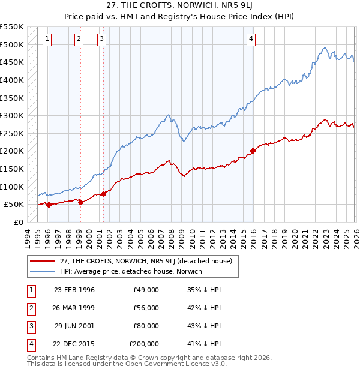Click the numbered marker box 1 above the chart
pos(47,40)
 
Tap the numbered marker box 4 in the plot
pos(251,40)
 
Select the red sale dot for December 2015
pos(253,151)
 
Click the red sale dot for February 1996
pos(49,205)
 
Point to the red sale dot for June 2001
pos(103,194)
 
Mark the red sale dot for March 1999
pos(80,202)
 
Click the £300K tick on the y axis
pos(13,115)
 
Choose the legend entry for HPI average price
pos(130,271)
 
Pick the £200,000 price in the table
pos(144,344)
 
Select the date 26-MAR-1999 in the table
pos(74,308)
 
